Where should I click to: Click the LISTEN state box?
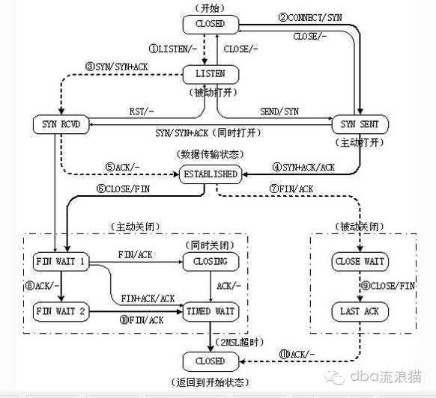tap(211, 74)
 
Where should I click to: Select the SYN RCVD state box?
tap(61, 124)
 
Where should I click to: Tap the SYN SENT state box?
tap(360, 124)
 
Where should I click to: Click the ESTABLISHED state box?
tap(211, 174)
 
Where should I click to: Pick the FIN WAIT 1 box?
tap(61, 262)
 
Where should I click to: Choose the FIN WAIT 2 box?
tap(61, 312)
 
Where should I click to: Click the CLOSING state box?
tap(211, 262)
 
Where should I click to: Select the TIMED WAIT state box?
tap(211, 312)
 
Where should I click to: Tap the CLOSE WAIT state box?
tap(360, 262)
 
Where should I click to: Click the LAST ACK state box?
tap(360, 312)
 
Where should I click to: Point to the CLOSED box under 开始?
tap(211, 24)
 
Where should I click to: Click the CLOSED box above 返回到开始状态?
tap(211, 361)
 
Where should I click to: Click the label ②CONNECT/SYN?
tap(310, 18)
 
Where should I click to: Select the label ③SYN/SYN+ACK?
tap(117, 67)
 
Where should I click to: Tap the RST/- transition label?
tap(142, 111)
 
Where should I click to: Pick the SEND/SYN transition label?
tap(279, 111)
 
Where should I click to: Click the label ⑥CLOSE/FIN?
tap(123, 189)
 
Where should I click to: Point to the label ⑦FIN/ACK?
tap(291, 189)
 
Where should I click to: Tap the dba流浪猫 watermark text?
tap(386, 377)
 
